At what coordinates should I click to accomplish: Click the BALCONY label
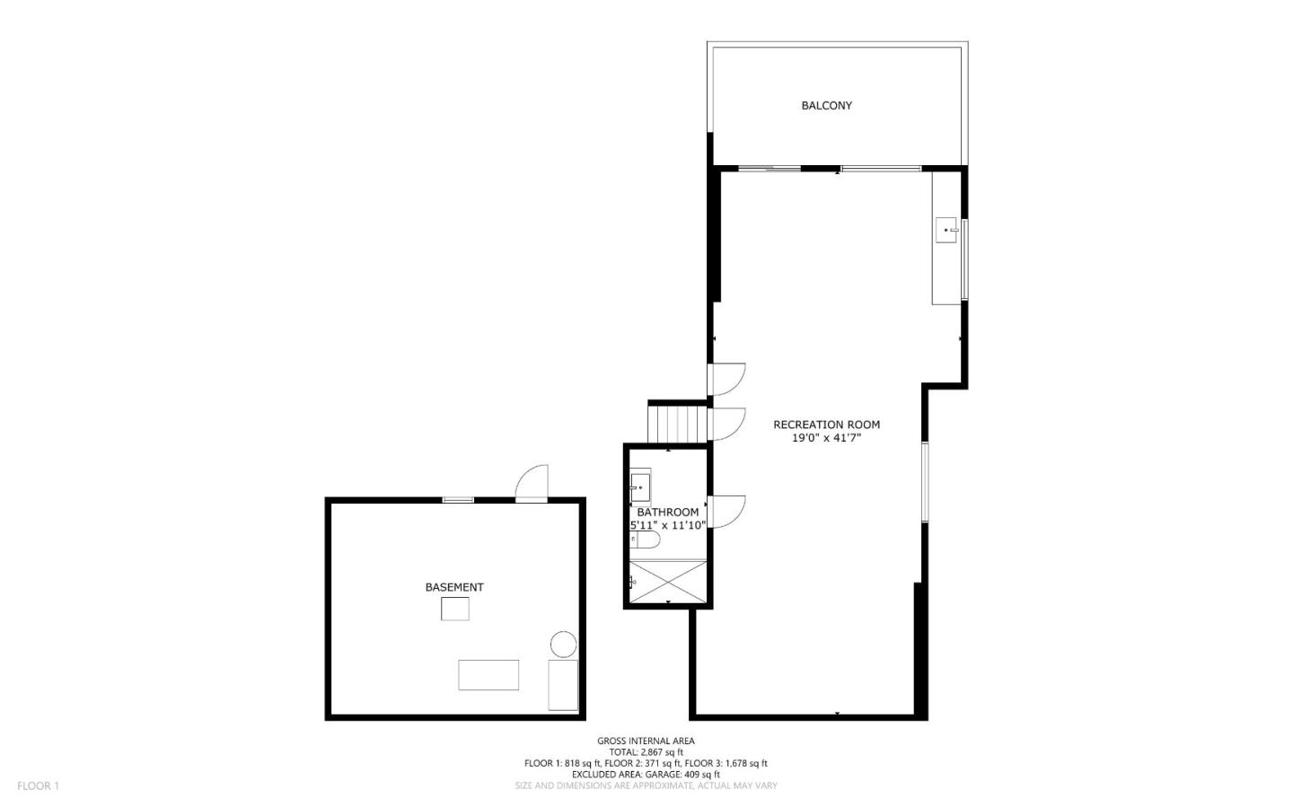[x=826, y=105]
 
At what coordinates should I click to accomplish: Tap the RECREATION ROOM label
[x=826, y=425]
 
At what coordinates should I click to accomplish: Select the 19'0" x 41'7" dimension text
[x=826, y=439]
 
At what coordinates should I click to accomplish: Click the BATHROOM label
[x=667, y=512]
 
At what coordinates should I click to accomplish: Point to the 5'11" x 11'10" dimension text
[x=667, y=525]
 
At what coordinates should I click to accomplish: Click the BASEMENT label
[x=453, y=587]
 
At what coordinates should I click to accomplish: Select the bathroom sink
[x=640, y=487]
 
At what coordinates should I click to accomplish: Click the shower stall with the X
[x=668, y=581]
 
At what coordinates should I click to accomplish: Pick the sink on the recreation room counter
[x=946, y=231]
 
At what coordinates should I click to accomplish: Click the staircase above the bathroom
[x=679, y=424]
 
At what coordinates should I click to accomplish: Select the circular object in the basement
[x=563, y=645]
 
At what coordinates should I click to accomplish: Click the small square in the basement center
[x=454, y=609]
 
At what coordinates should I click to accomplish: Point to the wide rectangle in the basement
[x=488, y=675]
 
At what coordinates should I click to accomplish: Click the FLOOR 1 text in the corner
[x=38, y=785]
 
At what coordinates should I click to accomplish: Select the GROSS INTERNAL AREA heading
[x=646, y=741]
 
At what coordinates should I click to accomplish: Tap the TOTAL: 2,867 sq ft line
[x=646, y=752]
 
